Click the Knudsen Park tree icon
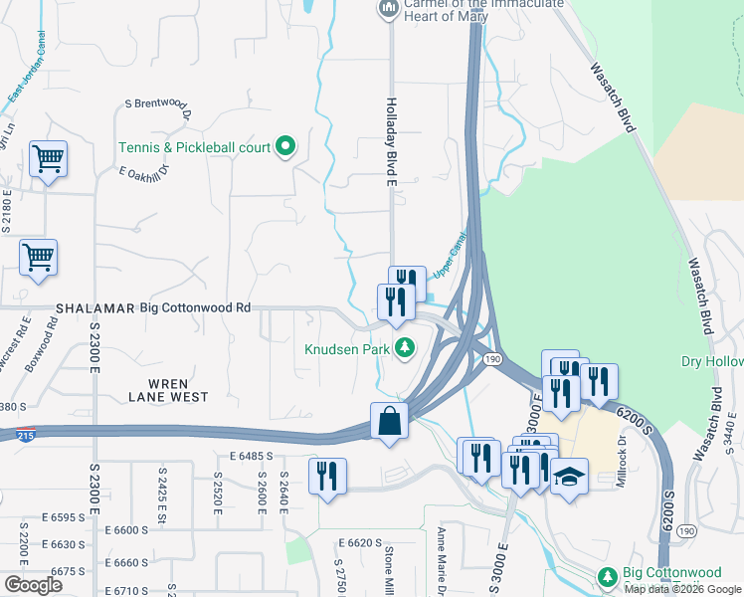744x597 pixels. pyautogui.click(x=405, y=348)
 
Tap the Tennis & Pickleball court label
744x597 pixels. pyautogui.click(x=194, y=147)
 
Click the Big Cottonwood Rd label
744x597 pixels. pyautogui.click(x=195, y=308)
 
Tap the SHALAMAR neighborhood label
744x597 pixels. pyautogui.click(x=95, y=308)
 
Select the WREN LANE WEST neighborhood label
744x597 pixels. pyautogui.click(x=168, y=389)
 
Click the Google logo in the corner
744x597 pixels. pyautogui.click(x=33, y=584)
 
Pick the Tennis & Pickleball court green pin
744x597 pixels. pyautogui.click(x=285, y=147)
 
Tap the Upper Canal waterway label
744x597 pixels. pyautogui.click(x=450, y=255)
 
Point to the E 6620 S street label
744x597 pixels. pyautogui.click(x=360, y=543)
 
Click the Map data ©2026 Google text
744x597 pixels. pyautogui.click(x=682, y=589)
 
